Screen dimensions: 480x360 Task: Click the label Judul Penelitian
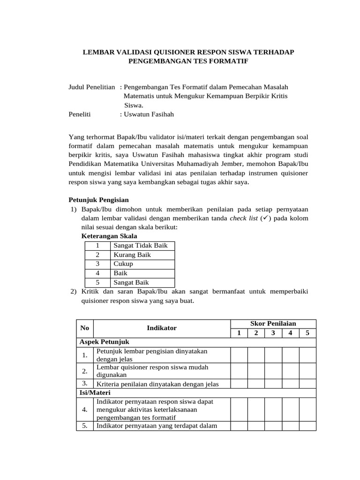tap(92, 87)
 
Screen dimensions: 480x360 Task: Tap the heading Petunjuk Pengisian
tap(98, 200)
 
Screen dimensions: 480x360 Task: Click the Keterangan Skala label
tap(109, 236)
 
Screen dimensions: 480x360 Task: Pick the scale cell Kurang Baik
tap(132, 255)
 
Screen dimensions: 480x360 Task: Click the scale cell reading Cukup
tap(123, 264)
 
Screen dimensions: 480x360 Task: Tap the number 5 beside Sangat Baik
tap(97, 282)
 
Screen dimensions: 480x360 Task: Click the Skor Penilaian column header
tap(273, 323)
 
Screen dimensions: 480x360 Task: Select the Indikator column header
tap(162, 328)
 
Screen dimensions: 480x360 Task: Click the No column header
tap(85, 328)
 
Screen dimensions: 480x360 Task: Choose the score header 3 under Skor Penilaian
tap(273, 333)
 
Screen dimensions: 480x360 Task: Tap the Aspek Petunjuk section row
tap(104, 342)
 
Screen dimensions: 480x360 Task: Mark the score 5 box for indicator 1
tap(307, 355)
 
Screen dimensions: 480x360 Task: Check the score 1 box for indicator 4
tap(239, 409)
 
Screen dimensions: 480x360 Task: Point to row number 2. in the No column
tap(85, 371)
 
